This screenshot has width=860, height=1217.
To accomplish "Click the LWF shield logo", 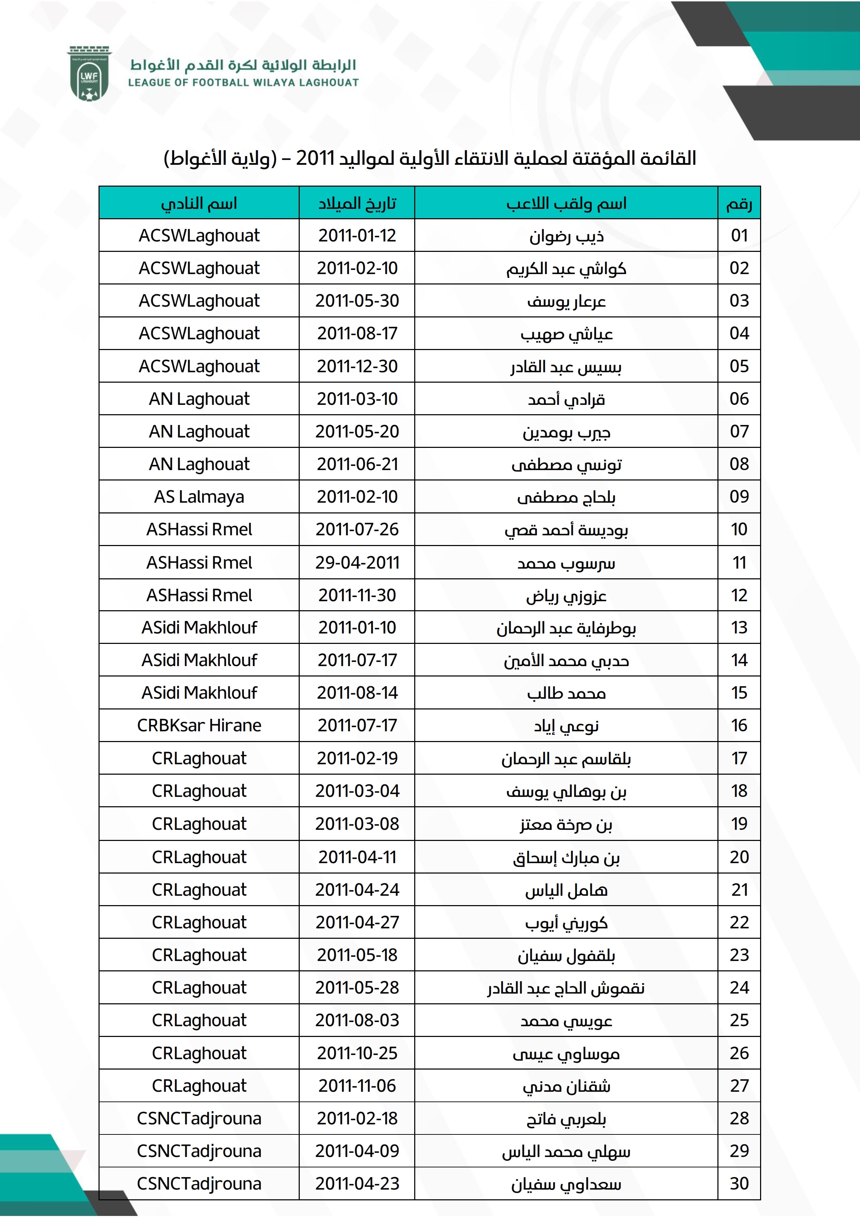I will (89, 74).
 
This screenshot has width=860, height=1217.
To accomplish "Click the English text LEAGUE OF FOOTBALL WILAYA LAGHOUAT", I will (243, 83).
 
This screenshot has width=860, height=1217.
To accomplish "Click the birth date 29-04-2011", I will (357, 562).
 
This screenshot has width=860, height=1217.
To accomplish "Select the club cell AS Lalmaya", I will (199, 497).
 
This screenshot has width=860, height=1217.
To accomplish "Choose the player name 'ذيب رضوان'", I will (566, 236).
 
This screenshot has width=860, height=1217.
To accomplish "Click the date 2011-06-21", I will (357, 464).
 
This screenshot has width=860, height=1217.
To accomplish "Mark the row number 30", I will (739, 1184).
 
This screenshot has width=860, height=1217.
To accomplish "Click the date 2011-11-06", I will (357, 1086).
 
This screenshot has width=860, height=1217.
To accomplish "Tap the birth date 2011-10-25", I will (357, 1053).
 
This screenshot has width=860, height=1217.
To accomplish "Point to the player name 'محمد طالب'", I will (566, 693).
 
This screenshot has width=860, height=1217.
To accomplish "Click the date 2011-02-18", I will (357, 1118).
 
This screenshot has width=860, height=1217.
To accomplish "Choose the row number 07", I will (739, 432).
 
